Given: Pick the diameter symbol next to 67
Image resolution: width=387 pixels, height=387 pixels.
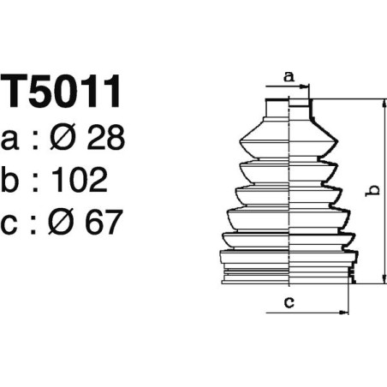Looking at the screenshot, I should tap(63, 223).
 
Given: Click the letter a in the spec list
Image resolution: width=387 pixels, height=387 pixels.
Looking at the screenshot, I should tap(13, 139).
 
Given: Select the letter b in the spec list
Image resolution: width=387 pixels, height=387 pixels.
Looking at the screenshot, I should tap(13, 181).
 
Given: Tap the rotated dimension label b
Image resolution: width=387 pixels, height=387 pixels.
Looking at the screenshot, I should tap(370, 190).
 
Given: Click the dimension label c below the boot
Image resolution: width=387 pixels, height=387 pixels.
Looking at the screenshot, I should tap(289, 300).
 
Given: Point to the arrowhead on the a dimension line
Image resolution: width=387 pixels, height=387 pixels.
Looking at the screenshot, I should tap(307, 86).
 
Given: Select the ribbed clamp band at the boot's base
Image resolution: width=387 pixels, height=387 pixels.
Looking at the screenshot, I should tap(289, 275).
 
